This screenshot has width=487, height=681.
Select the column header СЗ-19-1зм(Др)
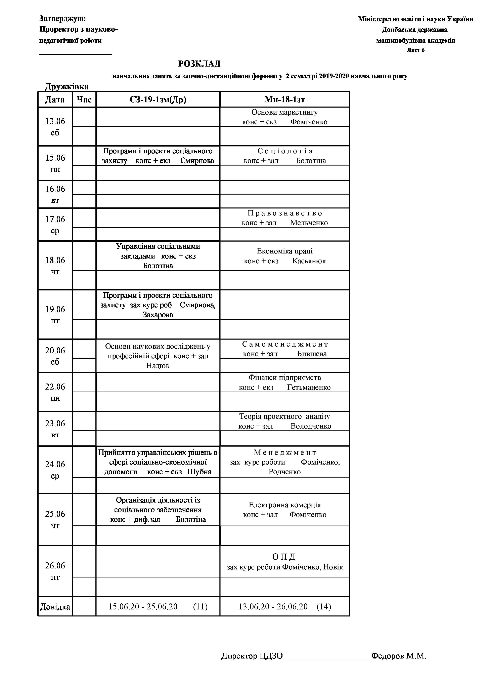pos(158,100)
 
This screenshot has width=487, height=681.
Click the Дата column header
pos(55,100)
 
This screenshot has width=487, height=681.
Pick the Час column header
pos(84,100)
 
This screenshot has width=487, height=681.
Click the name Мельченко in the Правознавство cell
pos(309,223)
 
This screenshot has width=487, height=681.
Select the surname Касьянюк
pos(309,261)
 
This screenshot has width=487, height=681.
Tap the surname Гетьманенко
pos(309,388)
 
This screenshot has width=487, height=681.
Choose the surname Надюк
pos(158,366)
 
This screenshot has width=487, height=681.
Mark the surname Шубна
pos(200,472)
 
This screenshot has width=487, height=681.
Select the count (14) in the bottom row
pos(324,607)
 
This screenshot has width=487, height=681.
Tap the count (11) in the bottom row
pos(200,607)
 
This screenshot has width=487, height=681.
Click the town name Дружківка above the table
pos(67,87)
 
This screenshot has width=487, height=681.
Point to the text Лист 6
pos(415,50)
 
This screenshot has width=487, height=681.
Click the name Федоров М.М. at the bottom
pos(399,656)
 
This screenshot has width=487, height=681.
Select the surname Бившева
pos(312,354)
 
